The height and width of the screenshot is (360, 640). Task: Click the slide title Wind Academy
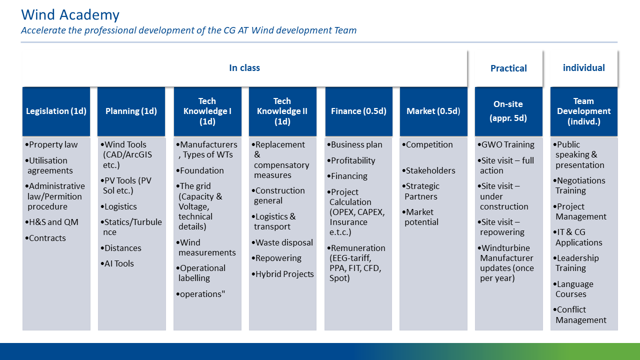tap(70, 15)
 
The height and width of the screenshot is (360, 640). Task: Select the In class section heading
tap(244, 68)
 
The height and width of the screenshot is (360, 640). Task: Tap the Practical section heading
tap(508, 68)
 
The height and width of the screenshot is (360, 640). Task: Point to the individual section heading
tap(583, 68)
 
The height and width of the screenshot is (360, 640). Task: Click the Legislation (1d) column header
tap(56, 111)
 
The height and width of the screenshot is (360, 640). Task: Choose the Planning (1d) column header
tap(131, 111)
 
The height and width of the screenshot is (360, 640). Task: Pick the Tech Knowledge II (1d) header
tap(282, 111)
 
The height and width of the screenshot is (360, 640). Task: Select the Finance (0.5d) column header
tap(358, 111)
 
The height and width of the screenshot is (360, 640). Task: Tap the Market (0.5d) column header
tap(433, 111)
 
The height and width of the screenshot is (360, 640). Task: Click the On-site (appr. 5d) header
tap(508, 111)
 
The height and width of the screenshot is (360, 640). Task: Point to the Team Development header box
tap(583, 111)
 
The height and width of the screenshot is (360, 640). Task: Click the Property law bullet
tap(53, 145)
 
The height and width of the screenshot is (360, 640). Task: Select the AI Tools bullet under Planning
tap(119, 263)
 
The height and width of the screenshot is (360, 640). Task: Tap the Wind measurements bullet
tap(206, 247)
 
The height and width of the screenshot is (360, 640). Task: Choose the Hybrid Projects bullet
tap(284, 274)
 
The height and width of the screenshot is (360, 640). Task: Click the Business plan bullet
tap(356, 145)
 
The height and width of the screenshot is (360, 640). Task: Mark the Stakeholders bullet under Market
tap(430, 170)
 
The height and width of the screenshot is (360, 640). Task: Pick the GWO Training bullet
tap(507, 145)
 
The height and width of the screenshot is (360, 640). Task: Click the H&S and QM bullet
tap(53, 222)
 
